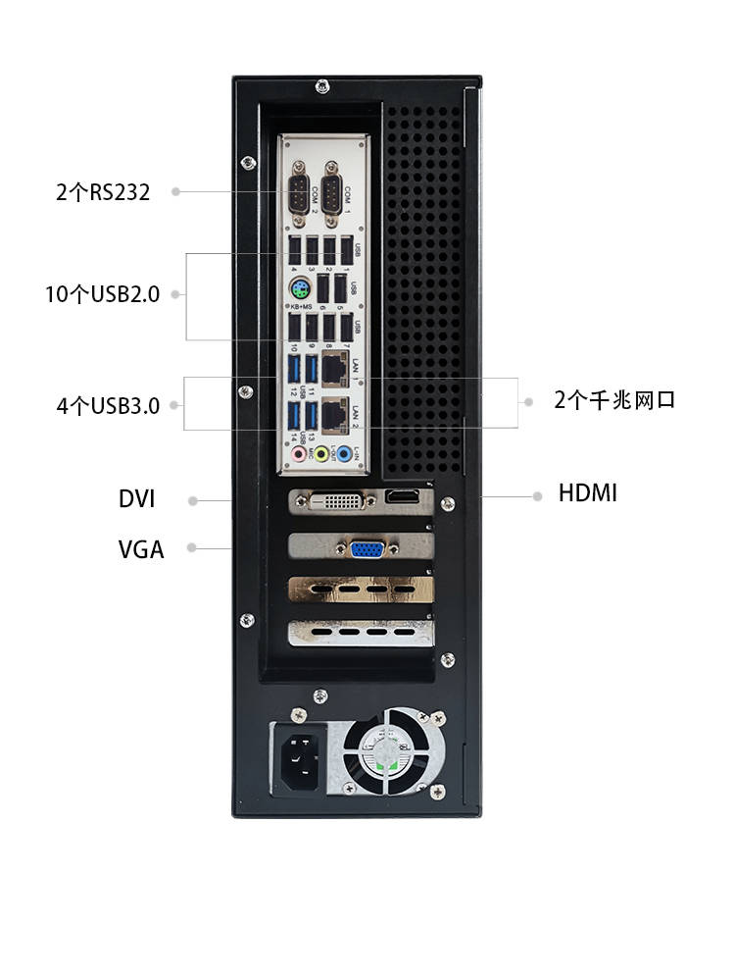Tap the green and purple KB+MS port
click(x=301, y=290)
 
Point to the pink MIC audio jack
click(x=300, y=455)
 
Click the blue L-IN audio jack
click(x=344, y=455)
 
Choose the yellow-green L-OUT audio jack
click(x=322, y=455)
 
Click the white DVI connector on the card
click(x=336, y=501)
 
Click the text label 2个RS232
click(x=103, y=192)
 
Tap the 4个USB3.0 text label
click(x=108, y=405)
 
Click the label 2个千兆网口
click(x=613, y=400)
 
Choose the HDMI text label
click(x=588, y=492)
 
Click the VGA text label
click(x=141, y=549)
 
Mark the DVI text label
click(x=137, y=499)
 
